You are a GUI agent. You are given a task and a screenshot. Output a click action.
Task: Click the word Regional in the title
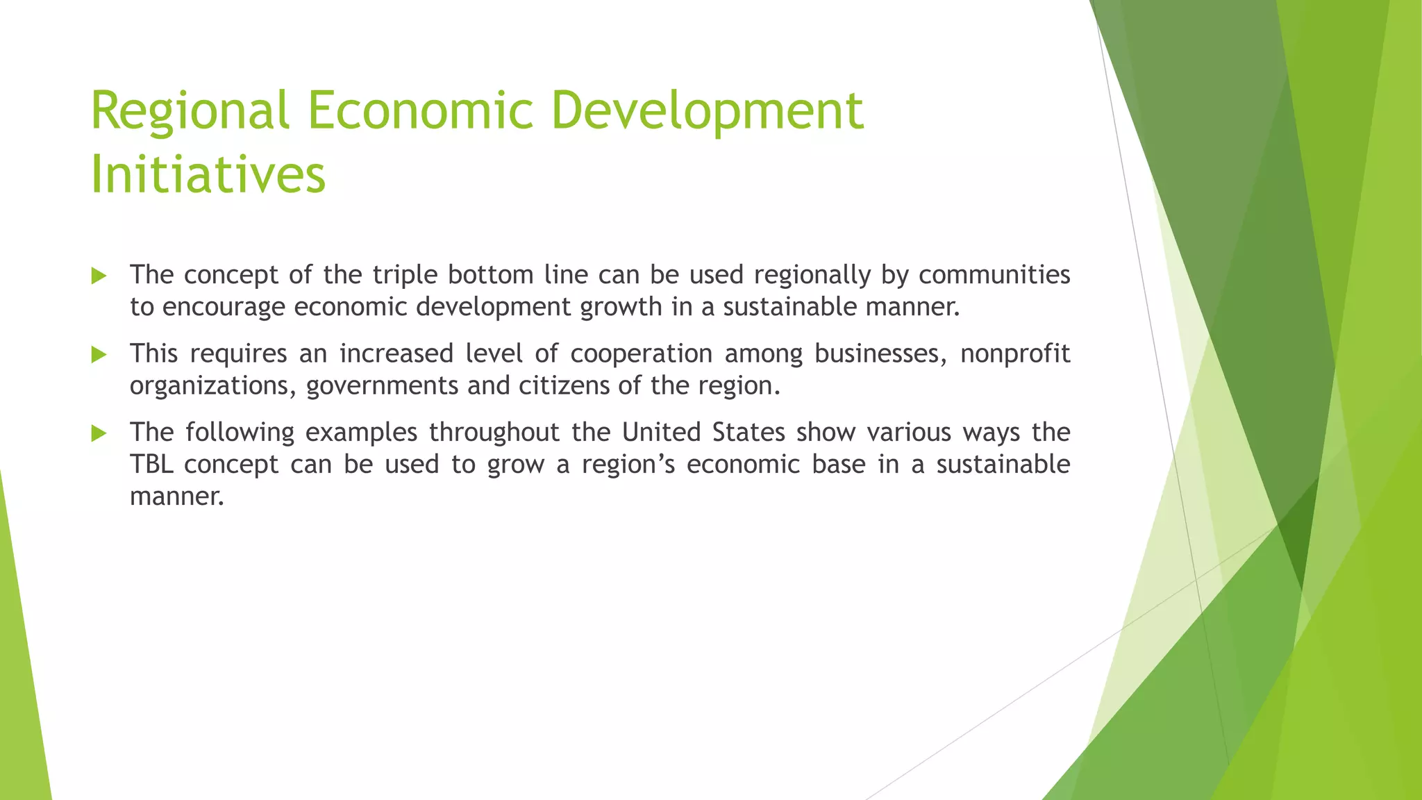[189, 111]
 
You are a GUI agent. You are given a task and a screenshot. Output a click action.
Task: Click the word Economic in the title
[420, 111]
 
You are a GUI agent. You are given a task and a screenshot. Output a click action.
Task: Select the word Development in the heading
[707, 111]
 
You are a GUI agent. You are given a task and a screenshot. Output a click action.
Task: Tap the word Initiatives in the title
[208, 174]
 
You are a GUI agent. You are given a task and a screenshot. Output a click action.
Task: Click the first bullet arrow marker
[99, 276]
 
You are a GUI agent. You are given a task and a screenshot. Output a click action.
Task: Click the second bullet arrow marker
[99, 355]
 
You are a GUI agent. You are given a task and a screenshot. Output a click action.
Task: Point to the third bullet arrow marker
[99, 434]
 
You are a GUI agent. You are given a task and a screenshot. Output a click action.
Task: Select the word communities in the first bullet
[994, 275]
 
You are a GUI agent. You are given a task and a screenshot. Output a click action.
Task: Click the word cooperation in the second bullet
[642, 353]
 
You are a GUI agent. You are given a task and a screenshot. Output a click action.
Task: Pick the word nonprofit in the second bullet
[1014, 353]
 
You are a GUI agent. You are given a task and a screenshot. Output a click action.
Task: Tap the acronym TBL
[151, 464]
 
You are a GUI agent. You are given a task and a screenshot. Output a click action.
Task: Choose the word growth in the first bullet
[621, 307]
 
